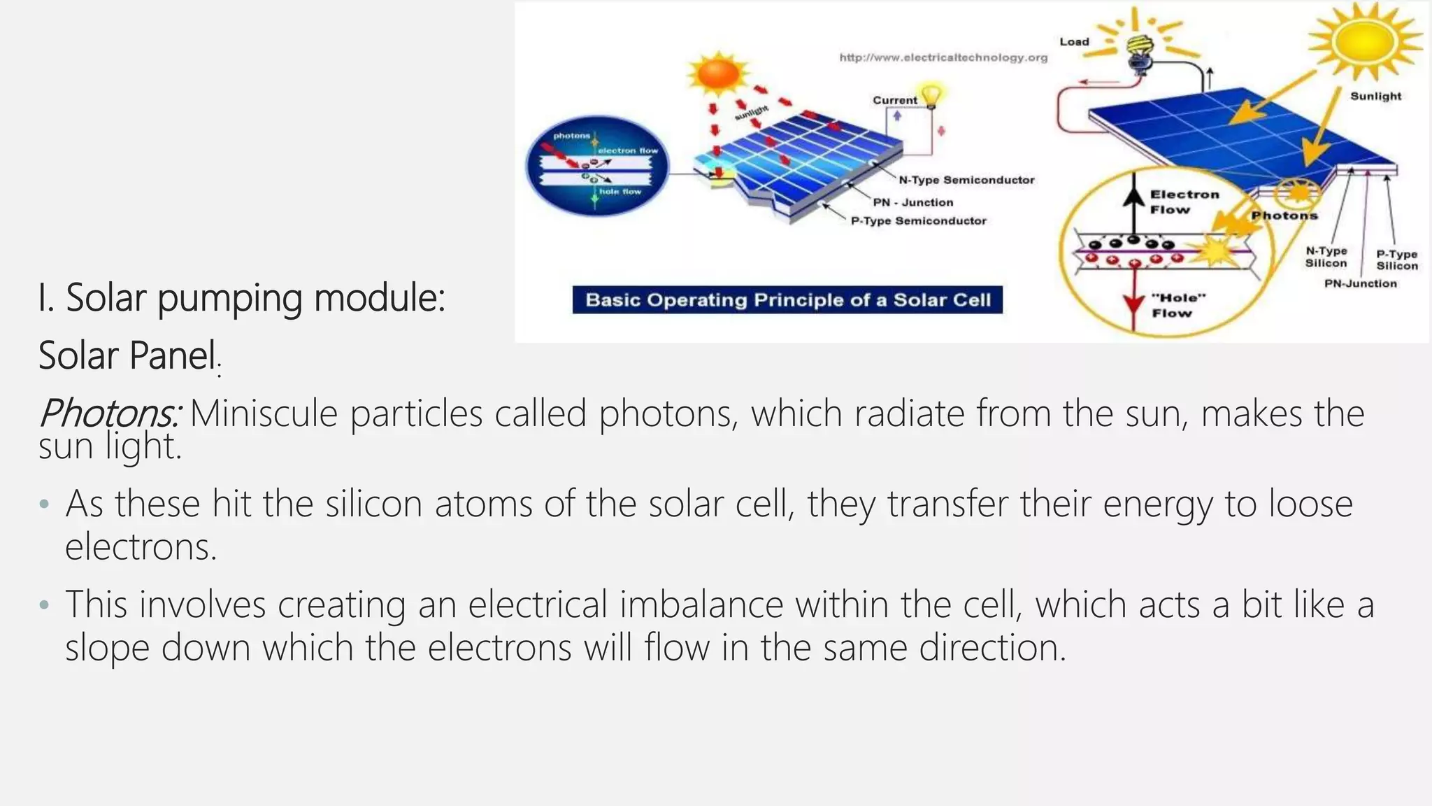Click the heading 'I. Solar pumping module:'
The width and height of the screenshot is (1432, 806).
click(x=241, y=299)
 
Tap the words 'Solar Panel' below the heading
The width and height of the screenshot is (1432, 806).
click(x=127, y=355)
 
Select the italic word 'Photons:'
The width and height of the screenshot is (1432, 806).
click(x=109, y=413)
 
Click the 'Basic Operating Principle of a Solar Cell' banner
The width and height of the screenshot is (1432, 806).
click(x=787, y=300)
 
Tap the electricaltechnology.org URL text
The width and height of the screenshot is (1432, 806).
click(x=943, y=57)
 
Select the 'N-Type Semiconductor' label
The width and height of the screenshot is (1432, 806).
click(x=966, y=180)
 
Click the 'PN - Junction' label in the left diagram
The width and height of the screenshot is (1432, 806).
click(x=912, y=202)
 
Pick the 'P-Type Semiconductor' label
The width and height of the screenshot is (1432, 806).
click(x=918, y=221)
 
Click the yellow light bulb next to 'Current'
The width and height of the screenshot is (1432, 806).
click(x=931, y=94)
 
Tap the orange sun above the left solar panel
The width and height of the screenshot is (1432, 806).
click(x=717, y=74)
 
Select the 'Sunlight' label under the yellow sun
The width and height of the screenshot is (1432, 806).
click(x=1375, y=97)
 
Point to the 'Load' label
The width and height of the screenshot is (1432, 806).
click(x=1074, y=42)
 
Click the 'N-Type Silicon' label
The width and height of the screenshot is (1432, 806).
click(x=1326, y=257)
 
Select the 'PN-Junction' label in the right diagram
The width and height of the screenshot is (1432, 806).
click(x=1360, y=283)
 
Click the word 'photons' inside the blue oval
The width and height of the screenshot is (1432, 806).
click(x=571, y=136)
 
